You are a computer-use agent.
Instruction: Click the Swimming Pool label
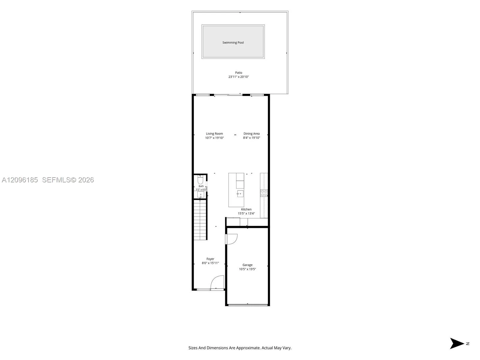coord(233,43)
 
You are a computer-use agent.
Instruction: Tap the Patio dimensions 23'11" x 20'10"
coord(238,77)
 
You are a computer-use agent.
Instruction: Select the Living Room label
coord(214,133)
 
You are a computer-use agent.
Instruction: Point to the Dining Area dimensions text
coord(251,138)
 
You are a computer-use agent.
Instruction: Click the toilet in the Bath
coord(200,180)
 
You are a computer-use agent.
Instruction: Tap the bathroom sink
coord(200,194)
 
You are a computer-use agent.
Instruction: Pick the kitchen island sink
coord(240,194)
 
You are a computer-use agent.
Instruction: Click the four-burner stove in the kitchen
coord(264,193)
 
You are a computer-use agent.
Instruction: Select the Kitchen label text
coord(246,209)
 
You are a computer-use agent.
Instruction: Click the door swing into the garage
coord(232,239)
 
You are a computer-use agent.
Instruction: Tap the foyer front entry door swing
coord(217,282)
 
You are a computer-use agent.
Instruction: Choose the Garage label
coord(247,265)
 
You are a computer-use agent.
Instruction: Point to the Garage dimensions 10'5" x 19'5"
coord(247,269)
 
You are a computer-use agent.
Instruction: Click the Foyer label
coord(210,259)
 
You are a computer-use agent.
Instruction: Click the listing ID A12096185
coord(20,180)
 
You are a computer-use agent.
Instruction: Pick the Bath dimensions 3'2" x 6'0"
coord(201,190)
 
